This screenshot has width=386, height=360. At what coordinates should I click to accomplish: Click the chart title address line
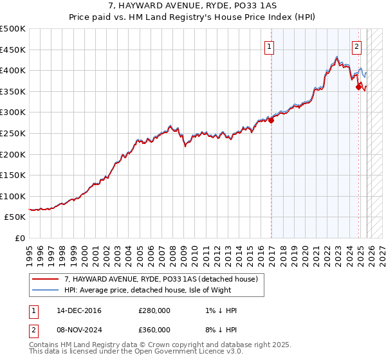193,6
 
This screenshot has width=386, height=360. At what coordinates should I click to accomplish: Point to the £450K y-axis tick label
13,50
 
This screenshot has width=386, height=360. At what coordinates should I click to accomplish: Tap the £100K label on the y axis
13,196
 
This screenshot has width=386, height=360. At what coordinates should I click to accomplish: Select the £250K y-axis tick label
13,133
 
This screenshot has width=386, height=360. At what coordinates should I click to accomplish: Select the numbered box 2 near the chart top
356,46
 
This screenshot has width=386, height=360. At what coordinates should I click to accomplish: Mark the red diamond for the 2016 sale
271,119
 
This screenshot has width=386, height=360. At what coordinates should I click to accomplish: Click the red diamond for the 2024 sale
358,87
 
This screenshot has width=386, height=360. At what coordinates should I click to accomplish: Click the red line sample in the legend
46,279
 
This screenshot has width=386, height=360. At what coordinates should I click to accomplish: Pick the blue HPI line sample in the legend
46,290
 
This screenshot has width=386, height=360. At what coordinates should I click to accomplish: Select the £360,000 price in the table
154,331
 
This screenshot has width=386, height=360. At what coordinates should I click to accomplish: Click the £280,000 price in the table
154,310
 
